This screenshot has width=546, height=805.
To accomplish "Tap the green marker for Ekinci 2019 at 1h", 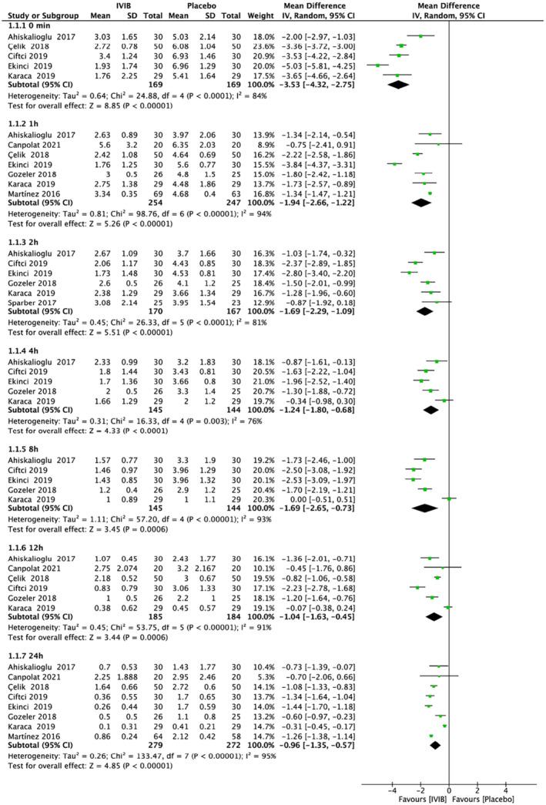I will click(394, 163).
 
